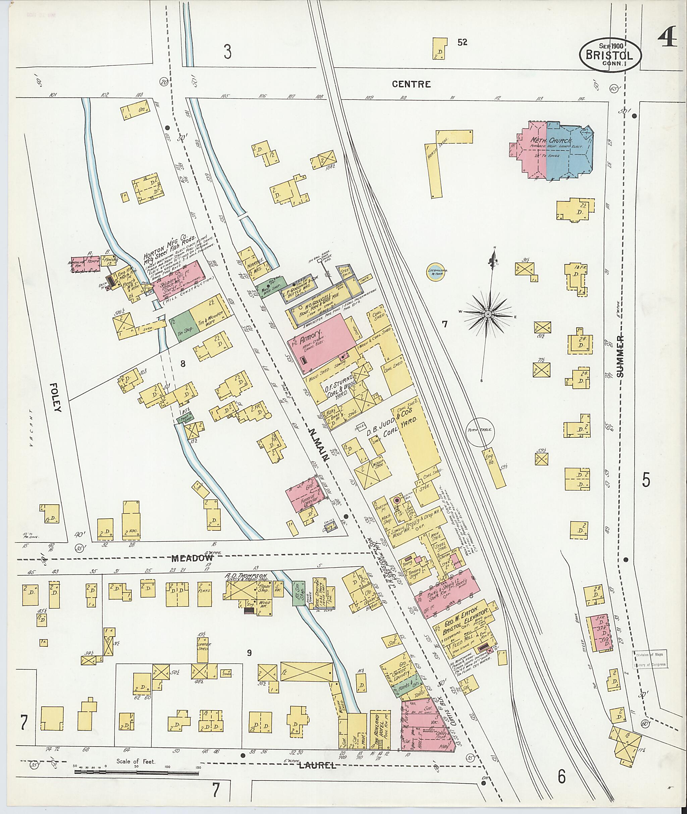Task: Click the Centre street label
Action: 417,84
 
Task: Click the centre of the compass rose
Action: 488,314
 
